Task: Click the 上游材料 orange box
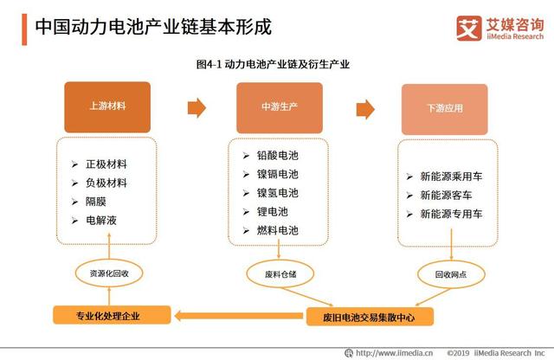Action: [107, 107]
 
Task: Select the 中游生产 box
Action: [280, 107]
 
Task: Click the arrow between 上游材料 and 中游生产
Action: [197, 107]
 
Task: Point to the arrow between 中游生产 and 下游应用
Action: [363, 107]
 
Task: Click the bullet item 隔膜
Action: [97, 202]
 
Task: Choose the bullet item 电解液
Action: [101, 221]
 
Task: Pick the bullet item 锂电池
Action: [271, 211]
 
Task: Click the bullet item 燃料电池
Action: [276, 230]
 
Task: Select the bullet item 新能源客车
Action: [451, 195]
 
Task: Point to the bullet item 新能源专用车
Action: [456, 214]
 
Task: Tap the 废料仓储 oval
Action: [279, 273]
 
